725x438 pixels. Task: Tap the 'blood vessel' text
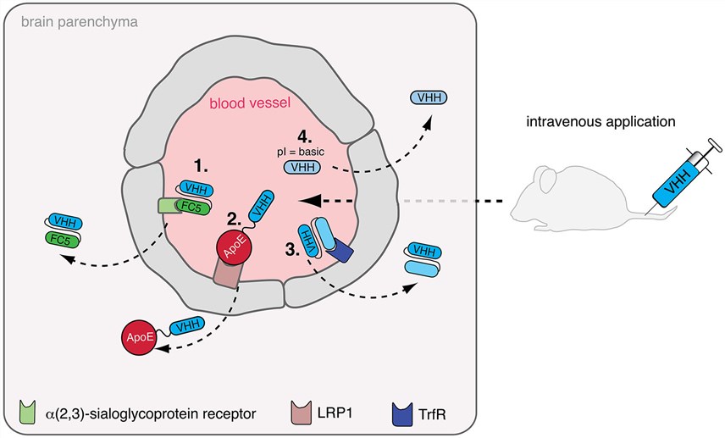[x=252, y=104]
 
